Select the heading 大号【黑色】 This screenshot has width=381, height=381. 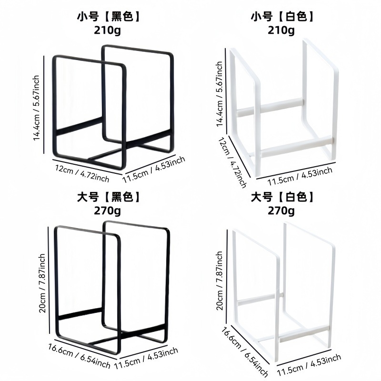pos(109,197)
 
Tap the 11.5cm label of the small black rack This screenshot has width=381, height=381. pos(153,170)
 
